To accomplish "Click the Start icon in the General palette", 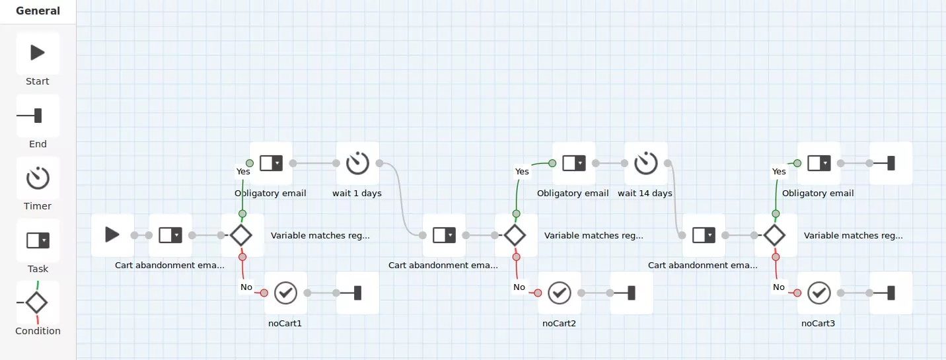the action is [38, 53].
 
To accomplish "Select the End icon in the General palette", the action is [29, 115].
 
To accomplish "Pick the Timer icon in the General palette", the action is [38, 178].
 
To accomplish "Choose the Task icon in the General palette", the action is [38, 240].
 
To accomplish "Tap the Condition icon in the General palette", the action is [36, 302].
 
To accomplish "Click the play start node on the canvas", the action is [112, 234].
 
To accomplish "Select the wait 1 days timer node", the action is [357, 163].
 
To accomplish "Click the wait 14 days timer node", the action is [645, 163].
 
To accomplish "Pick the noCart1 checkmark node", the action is [285, 293].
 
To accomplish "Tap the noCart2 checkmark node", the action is [559, 293].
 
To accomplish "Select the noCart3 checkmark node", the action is [819, 293].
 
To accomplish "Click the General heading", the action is [38, 11].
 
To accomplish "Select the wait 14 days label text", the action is [645, 194].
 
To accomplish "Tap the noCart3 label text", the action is [818, 323].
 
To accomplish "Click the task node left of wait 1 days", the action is [271, 163].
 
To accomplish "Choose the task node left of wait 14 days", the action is [574, 163].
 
